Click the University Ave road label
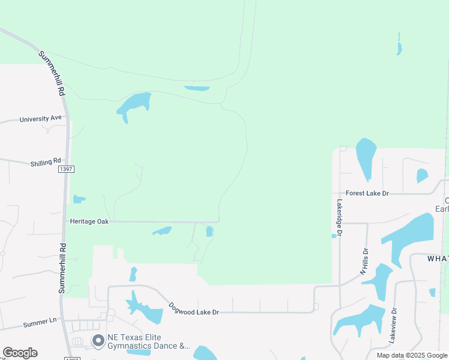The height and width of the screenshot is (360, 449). coord(40,119)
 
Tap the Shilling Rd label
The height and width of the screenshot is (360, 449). coord(46,162)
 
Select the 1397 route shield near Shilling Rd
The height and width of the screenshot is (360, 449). coord(66,170)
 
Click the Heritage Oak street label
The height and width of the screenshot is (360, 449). coord(89,221)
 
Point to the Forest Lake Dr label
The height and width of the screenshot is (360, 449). coord(367,193)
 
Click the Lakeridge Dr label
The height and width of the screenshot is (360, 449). coord(339,217)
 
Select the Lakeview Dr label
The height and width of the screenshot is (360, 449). coord(394,326)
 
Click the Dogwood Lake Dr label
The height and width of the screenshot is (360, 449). coord(193,308)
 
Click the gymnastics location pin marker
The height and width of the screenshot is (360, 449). coord(97,341)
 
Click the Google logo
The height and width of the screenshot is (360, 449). coord(20,353)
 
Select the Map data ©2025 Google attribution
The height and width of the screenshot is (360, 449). coord(412,355)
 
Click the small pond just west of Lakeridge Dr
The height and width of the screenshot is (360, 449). coord(334,236)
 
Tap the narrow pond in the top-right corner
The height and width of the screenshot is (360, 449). coord(399,45)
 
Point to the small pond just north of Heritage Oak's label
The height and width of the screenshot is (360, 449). coord(79,199)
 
